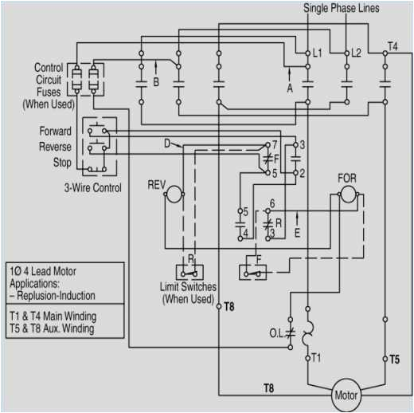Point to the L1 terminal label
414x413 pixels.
[317, 53]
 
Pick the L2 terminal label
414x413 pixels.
[356, 53]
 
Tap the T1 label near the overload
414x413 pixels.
[315, 357]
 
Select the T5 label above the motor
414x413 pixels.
[394, 360]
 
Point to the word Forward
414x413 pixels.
[55, 131]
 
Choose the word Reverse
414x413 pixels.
[55, 147]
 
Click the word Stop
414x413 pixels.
[61, 163]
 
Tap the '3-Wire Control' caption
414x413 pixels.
[92, 188]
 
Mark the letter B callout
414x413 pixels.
[156, 81]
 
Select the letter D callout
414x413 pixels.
[166, 144]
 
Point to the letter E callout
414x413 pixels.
[297, 234]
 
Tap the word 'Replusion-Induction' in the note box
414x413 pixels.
[55, 296]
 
